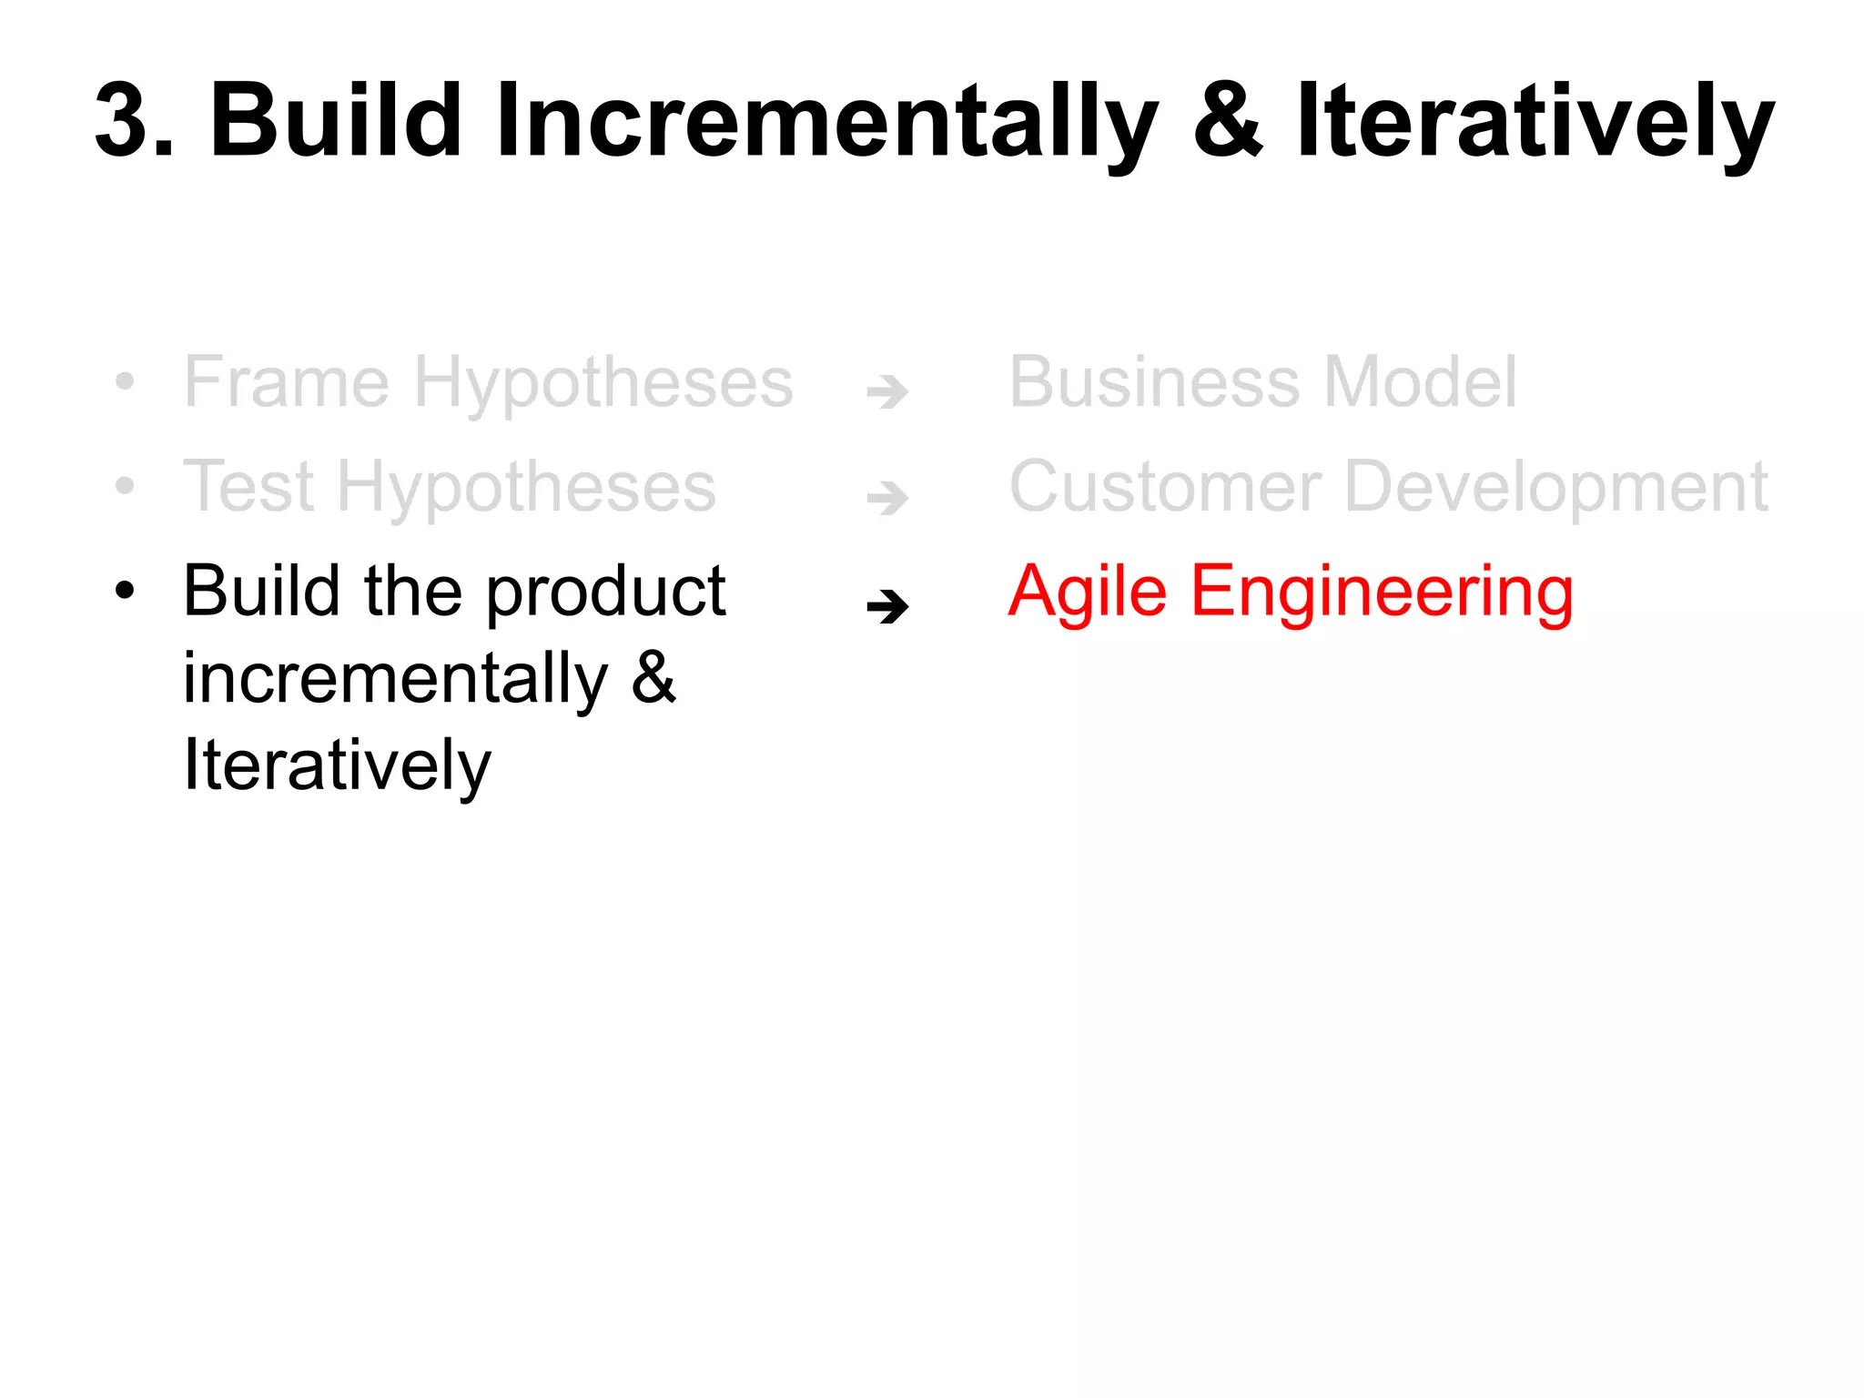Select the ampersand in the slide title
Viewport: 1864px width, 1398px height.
(1228, 120)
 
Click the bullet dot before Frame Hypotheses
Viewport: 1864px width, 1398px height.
(125, 382)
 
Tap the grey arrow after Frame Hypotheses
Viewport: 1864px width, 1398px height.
(887, 392)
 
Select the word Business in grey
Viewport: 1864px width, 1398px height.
(1154, 381)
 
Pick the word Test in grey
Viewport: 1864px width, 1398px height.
(248, 486)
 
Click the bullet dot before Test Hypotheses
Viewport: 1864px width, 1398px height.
(125, 487)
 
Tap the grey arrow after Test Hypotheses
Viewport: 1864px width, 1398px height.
(887, 498)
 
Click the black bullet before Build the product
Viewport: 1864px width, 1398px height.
(125, 591)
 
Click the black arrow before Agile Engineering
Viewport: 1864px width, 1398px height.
(887, 606)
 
